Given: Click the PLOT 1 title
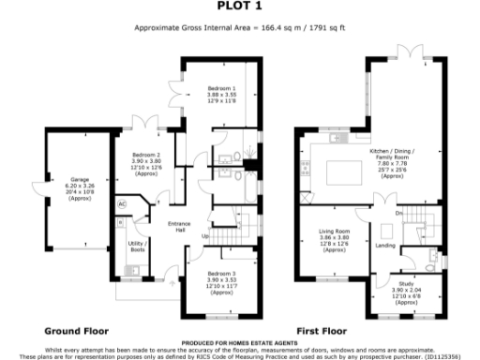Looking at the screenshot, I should coord(239,6).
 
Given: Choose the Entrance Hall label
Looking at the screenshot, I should coord(179,227).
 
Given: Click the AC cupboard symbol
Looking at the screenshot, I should coord(122,203).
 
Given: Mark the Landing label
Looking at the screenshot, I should coord(385,247).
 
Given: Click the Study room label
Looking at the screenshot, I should coord(406,291).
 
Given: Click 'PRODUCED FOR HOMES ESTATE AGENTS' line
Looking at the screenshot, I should coord(239,343).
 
